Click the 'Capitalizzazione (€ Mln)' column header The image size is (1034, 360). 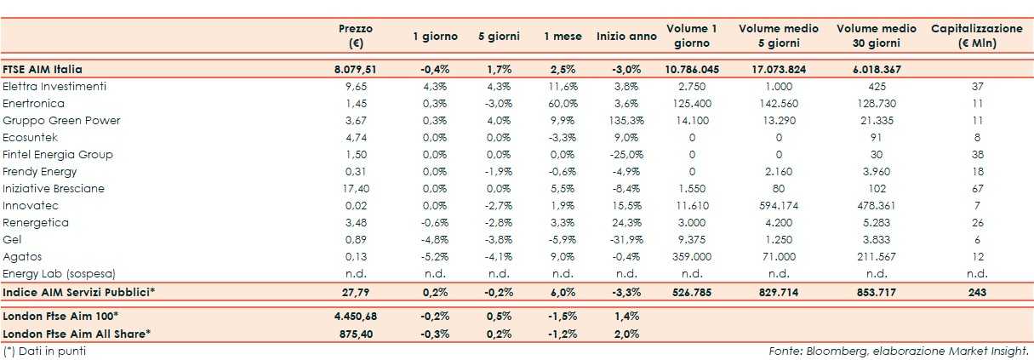977,36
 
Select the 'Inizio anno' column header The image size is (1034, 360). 626,37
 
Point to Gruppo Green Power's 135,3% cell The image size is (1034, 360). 626,120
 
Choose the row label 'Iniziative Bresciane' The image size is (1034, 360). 54,188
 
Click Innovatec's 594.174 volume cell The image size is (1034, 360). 779,205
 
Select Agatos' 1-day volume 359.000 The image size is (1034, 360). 692,256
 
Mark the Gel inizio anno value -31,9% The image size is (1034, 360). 626,239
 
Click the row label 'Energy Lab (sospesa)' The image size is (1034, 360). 59,273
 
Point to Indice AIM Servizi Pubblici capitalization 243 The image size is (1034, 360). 977,292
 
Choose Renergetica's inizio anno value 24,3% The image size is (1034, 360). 626,222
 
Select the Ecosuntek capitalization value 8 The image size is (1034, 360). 977,137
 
